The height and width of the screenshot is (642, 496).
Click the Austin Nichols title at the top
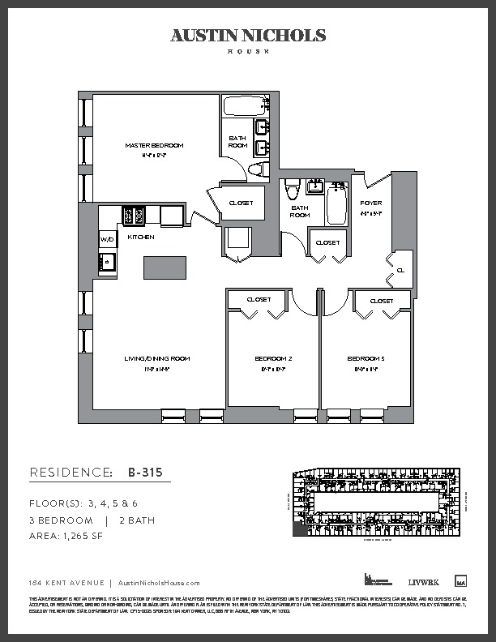point(248,36)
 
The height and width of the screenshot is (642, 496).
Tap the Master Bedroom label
point(154,146)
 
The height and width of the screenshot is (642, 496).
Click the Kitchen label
point(141,238)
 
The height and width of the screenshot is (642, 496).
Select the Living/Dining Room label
point(157,358)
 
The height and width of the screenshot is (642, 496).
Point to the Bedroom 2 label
point(274,358)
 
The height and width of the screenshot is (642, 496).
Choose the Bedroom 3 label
point(366,358)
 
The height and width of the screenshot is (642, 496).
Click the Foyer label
point(371,203)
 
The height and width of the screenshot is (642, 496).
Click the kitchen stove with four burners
point(134,215)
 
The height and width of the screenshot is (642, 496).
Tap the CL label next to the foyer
point(400,270)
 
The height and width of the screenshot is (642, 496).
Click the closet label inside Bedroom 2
point(259,300)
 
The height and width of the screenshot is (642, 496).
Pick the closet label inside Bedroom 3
point(381,301)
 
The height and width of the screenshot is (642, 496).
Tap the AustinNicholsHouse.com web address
point(159,583)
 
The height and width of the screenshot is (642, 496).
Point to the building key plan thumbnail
point(374,503)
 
